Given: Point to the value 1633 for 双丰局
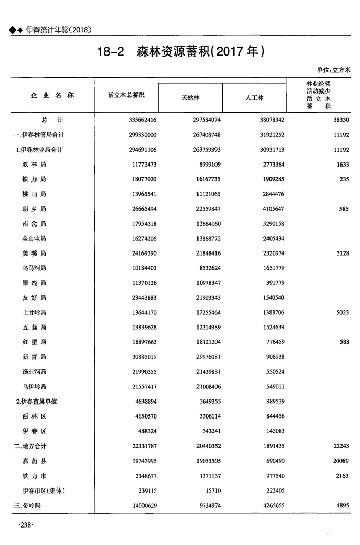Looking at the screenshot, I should click(343, 165).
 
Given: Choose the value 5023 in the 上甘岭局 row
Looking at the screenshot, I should click(343, 313).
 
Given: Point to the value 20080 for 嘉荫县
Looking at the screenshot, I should click(341, 461).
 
